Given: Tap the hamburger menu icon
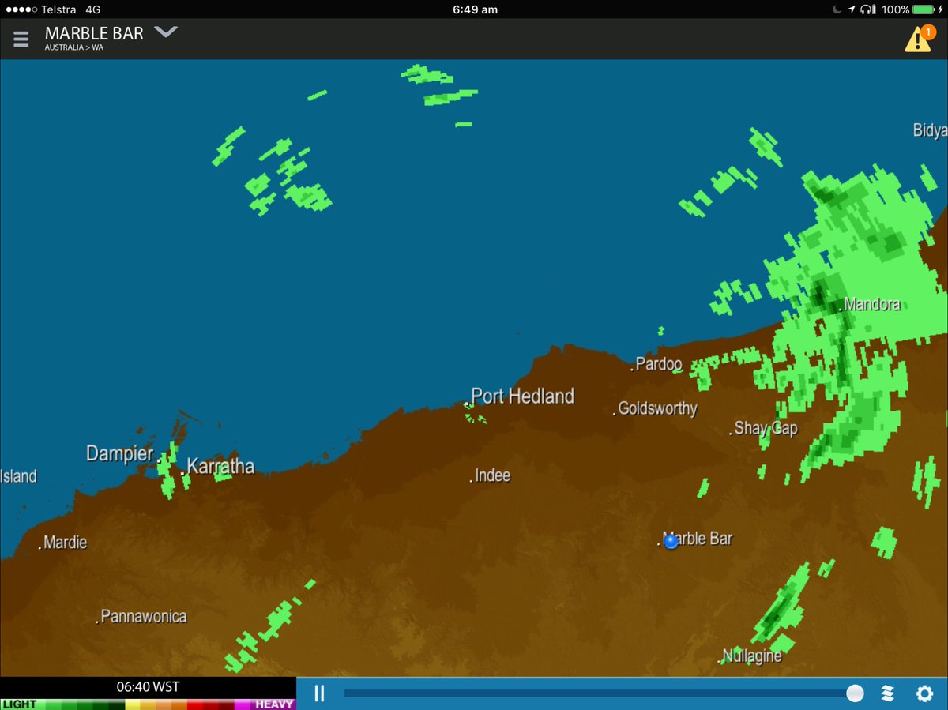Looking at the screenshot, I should (x=21, y=39).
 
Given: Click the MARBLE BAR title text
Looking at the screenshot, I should (x=94, y=34).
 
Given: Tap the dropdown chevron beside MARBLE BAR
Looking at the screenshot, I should (x=166, y=32).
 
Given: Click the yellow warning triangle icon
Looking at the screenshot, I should (x=917, y=39).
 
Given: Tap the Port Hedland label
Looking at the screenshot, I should (x=522, y=396).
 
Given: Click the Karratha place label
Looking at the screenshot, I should (x=220, y=467).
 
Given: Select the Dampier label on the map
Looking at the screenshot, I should (x=119, y=453).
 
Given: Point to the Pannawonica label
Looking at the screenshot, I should (x=144, y=616).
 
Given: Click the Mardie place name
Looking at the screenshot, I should (x=65, y=543).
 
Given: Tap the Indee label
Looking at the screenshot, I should (x=492, y=475).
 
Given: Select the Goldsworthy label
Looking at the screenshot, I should (x=657, y=408).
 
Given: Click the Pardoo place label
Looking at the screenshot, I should (x=658, y=364).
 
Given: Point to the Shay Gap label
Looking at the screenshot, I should (x=766, y=428).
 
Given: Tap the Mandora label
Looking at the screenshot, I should (x=871, y=304).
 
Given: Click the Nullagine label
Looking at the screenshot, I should (x=752, y=656).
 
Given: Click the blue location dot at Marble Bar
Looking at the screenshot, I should (x=671, y=541).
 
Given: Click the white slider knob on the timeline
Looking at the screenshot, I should (x=855, y=693).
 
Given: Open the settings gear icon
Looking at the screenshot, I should (x=924, y=693).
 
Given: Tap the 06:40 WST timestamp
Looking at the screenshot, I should (x=148, y=687).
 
